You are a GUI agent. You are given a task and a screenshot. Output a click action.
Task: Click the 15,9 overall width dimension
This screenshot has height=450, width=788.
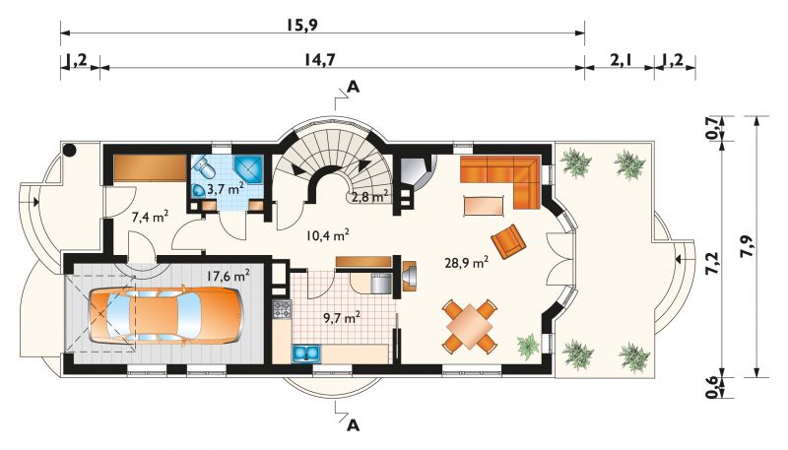click(x=302, y=25)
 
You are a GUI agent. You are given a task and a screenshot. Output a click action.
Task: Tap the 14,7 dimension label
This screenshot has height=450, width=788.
click(x=319, y=59)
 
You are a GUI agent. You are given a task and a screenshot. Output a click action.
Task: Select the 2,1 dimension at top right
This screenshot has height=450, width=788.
click(x=620, y=60)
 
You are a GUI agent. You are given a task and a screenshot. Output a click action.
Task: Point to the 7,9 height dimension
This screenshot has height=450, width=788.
click(x=747, y=246)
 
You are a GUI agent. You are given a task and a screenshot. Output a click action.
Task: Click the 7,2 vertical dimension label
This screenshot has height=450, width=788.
click(x=712, y=262)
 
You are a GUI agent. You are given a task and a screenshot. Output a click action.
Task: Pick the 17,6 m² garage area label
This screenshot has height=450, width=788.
click(x=229, y=276)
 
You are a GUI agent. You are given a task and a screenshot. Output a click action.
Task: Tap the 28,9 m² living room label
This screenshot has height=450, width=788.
click(x=467, y=262)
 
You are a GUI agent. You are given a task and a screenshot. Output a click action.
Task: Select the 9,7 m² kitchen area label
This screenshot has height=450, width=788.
click(x=341, y=317)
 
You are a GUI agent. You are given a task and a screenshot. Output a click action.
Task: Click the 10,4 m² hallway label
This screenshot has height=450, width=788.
click(x=328, y=234)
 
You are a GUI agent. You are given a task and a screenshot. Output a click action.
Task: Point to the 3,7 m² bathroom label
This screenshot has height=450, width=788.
click(x=226, y=189)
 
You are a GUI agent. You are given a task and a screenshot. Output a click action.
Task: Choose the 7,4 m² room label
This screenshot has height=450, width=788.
click(x=150, y=217)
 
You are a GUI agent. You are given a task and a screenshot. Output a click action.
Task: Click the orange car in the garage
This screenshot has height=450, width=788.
click(x=165, y=316)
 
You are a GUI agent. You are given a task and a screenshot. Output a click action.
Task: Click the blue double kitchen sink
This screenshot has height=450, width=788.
click(x=306, y=354)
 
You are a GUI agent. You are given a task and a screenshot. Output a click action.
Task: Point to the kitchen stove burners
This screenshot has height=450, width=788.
click(x=282, y=309)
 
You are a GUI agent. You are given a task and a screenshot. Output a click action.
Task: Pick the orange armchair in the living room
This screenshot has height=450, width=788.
click(x=509, y=240)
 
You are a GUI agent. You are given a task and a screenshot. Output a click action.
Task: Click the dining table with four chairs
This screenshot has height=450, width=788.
click(x=470, y=326)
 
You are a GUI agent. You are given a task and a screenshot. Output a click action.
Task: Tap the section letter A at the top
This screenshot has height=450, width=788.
click(x=354, y=88)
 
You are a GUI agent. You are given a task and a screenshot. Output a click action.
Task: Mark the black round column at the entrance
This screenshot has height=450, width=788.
click(x=69, y=149)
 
